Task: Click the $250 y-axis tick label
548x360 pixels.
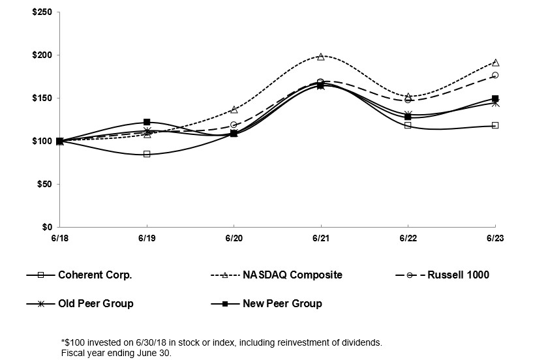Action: click(43, 12)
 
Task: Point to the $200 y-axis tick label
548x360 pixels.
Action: click(43, 55)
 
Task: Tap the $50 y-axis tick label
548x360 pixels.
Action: click(45, 184)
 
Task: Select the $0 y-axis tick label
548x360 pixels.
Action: click(48, 227)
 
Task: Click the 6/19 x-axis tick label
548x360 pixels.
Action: click(147, 238)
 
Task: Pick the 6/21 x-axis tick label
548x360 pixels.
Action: click(320, 238)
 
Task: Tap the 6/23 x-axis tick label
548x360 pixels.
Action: click(495, 238)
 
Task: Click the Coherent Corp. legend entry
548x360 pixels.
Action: click(95, 275)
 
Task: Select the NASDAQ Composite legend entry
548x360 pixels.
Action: click(292, 275)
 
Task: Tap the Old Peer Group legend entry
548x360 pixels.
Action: click(95, 303)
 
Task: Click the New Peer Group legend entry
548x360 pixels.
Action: click(282, 303)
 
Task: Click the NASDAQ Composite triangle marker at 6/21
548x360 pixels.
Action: click(320, 57)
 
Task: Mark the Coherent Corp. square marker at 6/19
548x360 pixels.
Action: click(147, 154)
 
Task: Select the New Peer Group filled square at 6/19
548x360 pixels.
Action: click(147, 122)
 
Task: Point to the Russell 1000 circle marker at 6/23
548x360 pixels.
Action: click(495, 75)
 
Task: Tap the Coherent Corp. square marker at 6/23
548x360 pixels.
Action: click(495, 125)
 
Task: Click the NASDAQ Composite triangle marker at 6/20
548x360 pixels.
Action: click(234, 110)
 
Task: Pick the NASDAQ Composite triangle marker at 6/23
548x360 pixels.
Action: click(495, 63)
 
